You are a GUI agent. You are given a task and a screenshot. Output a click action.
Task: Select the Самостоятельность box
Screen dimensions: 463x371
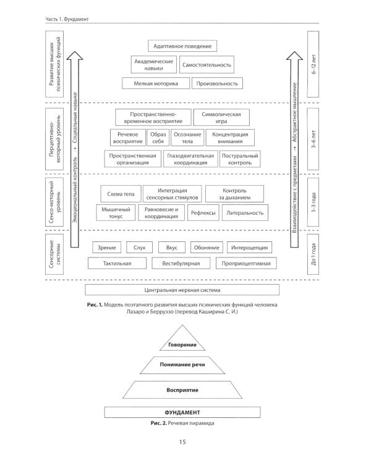point(207,64)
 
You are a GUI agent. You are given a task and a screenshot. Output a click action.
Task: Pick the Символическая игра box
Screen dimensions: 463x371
point(221,117)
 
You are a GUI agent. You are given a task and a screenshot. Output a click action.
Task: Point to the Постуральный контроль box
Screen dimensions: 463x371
point(236,159)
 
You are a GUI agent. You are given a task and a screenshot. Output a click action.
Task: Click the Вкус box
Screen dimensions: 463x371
point(172,247)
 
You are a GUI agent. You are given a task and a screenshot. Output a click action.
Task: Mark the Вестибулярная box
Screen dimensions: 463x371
point(182,264)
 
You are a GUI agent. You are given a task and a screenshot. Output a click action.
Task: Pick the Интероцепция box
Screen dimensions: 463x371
point(249,247)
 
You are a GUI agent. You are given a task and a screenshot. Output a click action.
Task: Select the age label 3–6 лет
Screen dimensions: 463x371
point(314,139)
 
